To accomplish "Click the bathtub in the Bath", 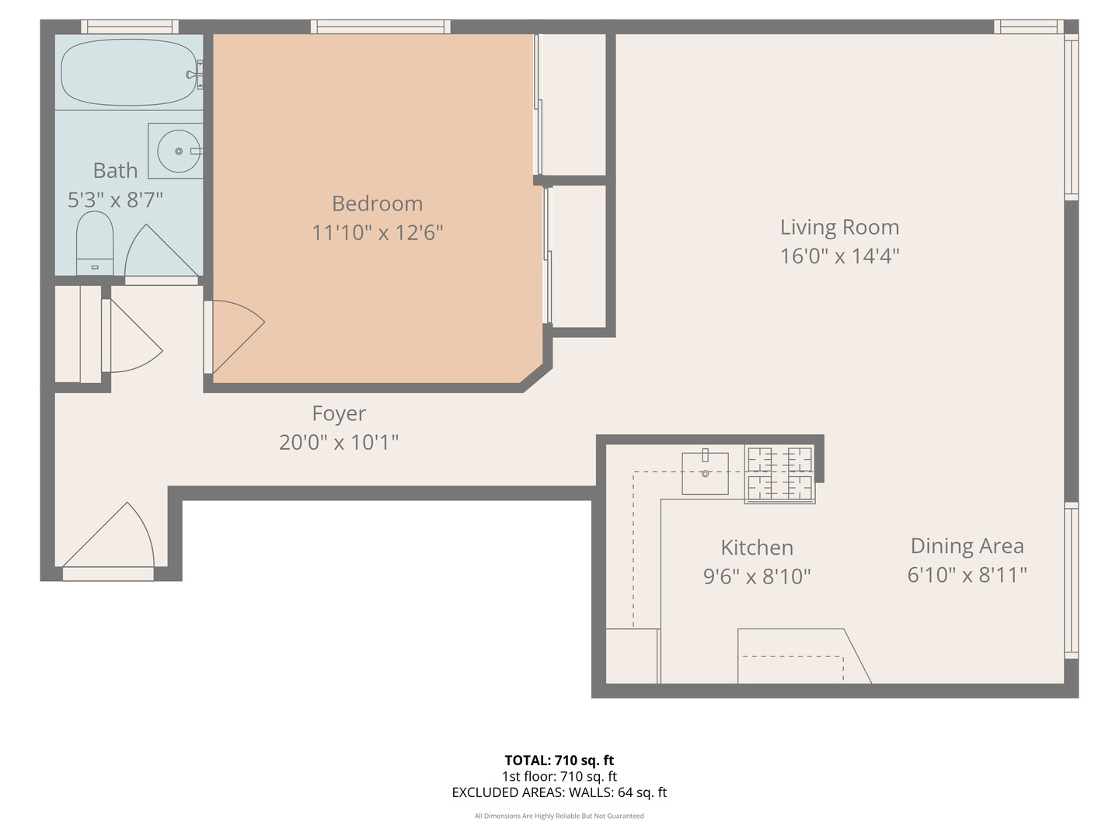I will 128,72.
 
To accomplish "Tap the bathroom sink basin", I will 179,151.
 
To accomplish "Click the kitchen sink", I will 705,473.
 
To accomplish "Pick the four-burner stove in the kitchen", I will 779,475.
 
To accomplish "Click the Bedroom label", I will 377,204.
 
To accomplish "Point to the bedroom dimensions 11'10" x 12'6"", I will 377,232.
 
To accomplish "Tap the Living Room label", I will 839,228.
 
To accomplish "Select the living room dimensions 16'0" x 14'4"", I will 839,256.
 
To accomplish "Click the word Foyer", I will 339,414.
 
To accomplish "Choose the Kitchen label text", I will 757,548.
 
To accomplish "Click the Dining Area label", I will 967,546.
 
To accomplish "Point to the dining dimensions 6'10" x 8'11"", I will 967,575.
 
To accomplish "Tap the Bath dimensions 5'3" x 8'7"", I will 115,200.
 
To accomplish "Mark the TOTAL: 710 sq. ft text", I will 559,761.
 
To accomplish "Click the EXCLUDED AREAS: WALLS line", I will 559,792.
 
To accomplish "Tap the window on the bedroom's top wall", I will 380,27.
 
